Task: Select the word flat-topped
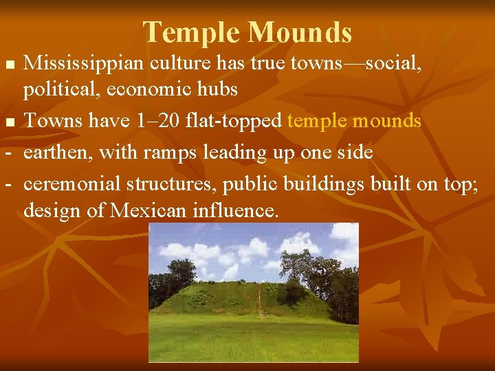[233, 122]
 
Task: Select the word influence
[234, 210]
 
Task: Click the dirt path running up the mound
[259, 302]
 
